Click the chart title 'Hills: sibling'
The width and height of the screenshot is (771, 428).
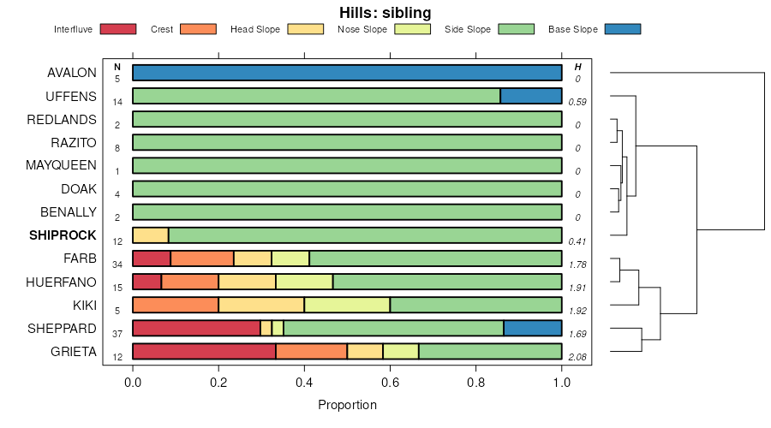click(385, 13)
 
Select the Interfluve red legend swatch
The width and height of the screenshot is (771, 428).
click(118, 29)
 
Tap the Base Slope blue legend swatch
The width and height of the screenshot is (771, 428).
click(622, 29)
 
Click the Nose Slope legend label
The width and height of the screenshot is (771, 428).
click(363, 29)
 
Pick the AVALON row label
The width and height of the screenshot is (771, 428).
click(72, 73)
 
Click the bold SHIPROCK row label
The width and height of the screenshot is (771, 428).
click(63, 235)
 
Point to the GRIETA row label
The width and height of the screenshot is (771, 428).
click(74, 351)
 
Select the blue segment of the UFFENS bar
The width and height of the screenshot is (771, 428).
click(531, 96)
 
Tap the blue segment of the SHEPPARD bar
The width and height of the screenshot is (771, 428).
click(533, 328)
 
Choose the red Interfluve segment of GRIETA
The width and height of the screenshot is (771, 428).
click(204, 351)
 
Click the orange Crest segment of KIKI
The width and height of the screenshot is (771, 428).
click(176, 305)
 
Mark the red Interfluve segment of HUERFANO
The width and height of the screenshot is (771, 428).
click(146, 282)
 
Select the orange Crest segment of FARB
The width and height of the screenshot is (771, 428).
click(202, 259)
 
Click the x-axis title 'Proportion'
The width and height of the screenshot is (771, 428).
click(347, 404)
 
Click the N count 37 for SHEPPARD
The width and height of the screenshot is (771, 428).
click(117, 333)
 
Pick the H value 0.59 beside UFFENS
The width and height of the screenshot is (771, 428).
click(577, 102)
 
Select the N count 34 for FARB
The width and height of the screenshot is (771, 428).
click(117, 264)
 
